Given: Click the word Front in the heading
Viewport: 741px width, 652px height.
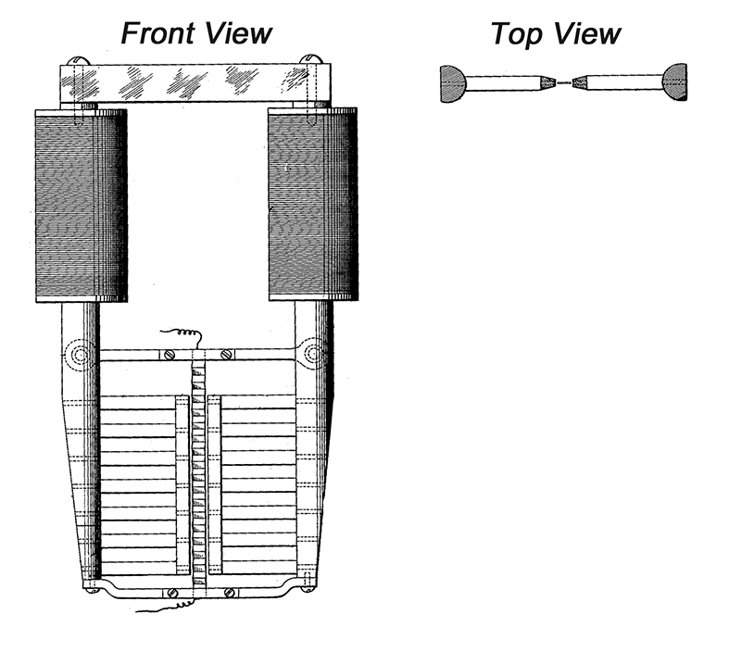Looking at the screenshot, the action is pyautogui.click(x=158, y=33).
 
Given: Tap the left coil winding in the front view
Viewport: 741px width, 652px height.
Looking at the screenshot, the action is pyautogui.click(x=82, y=206).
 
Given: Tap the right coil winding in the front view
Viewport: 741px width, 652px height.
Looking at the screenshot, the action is pyautogui.click(x=313, y=204).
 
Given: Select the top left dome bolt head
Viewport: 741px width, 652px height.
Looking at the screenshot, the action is pyautogui.click(x=78, y=61).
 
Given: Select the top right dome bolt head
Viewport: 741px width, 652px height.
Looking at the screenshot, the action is pyautogui.click(x=310, y=59).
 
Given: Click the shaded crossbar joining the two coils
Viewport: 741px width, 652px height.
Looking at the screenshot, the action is pyautogui.click(x=195, y=82).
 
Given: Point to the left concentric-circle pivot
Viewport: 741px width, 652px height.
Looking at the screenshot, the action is pyautogui.click(x=80, y=354).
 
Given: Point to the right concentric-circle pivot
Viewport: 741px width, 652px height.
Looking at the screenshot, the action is pyautogui.click(x=313, y=353).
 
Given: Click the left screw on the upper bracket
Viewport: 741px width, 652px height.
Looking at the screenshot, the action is pyautogui.click(x=170, y=355).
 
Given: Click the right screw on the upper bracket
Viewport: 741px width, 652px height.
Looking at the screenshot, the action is pyautogui.click(x=226, y=354).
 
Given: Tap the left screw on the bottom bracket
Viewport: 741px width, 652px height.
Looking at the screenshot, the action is pyautogui.click(x=172, y=593).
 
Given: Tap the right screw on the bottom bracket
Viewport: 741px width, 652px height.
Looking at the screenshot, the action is pyautogui.click(x=230, y=592).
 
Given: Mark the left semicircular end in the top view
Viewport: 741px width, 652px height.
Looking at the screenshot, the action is pyautogui.click(x=453, y=84).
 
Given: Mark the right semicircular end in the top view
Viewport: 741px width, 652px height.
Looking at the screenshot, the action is pyautogui.click(x=675, y=81).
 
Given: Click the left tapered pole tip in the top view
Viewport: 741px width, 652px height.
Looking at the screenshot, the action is pyautogui.click(x=547, y=82).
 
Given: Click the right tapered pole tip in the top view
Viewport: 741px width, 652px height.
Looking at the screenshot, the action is pyautogui.click(x=580, y=82).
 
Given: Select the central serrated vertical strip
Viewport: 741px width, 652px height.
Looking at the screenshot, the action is pyautogui.click(x=199, y=472).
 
